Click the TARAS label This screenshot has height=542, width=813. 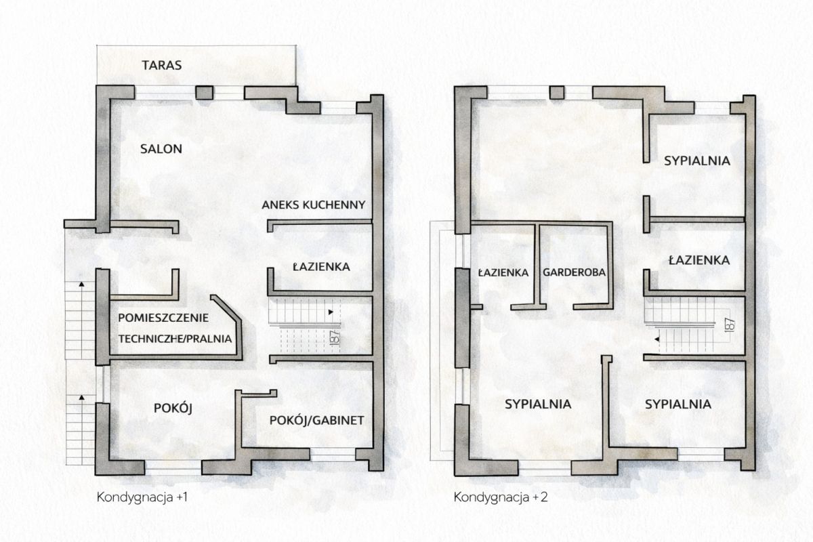(x=161, y=65)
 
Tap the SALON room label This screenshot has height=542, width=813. (x=161, y=149)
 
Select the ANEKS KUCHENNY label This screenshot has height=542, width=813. (x=314, y=205)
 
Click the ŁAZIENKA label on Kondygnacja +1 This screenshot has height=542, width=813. (x=321, y=267)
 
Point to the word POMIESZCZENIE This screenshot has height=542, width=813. (x=163, y=318)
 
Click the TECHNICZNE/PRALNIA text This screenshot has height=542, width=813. (x=175, y=339)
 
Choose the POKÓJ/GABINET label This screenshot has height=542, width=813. (x=317, y=420)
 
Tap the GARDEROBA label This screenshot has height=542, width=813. (x=575, y=272)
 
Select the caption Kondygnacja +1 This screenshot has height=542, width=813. (x=142, y=497)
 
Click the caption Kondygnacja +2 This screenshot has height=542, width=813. (x=501, y=497)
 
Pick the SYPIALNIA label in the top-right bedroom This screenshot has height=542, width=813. (x=697, y=161)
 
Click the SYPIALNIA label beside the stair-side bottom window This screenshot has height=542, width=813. (x=678, y=404)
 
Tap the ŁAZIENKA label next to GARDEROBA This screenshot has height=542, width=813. (x=503, y=272)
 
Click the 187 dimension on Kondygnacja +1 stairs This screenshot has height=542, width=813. (x=335, y=337)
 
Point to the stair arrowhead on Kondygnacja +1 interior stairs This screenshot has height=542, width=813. (x=331, y=312)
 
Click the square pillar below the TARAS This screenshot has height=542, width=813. (x=205, y=93)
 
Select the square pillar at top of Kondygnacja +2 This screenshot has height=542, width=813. (x=557, y=93)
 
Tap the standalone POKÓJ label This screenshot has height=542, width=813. (x=173, y=409)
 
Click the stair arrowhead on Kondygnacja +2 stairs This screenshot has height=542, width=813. (x=657, y=339)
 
